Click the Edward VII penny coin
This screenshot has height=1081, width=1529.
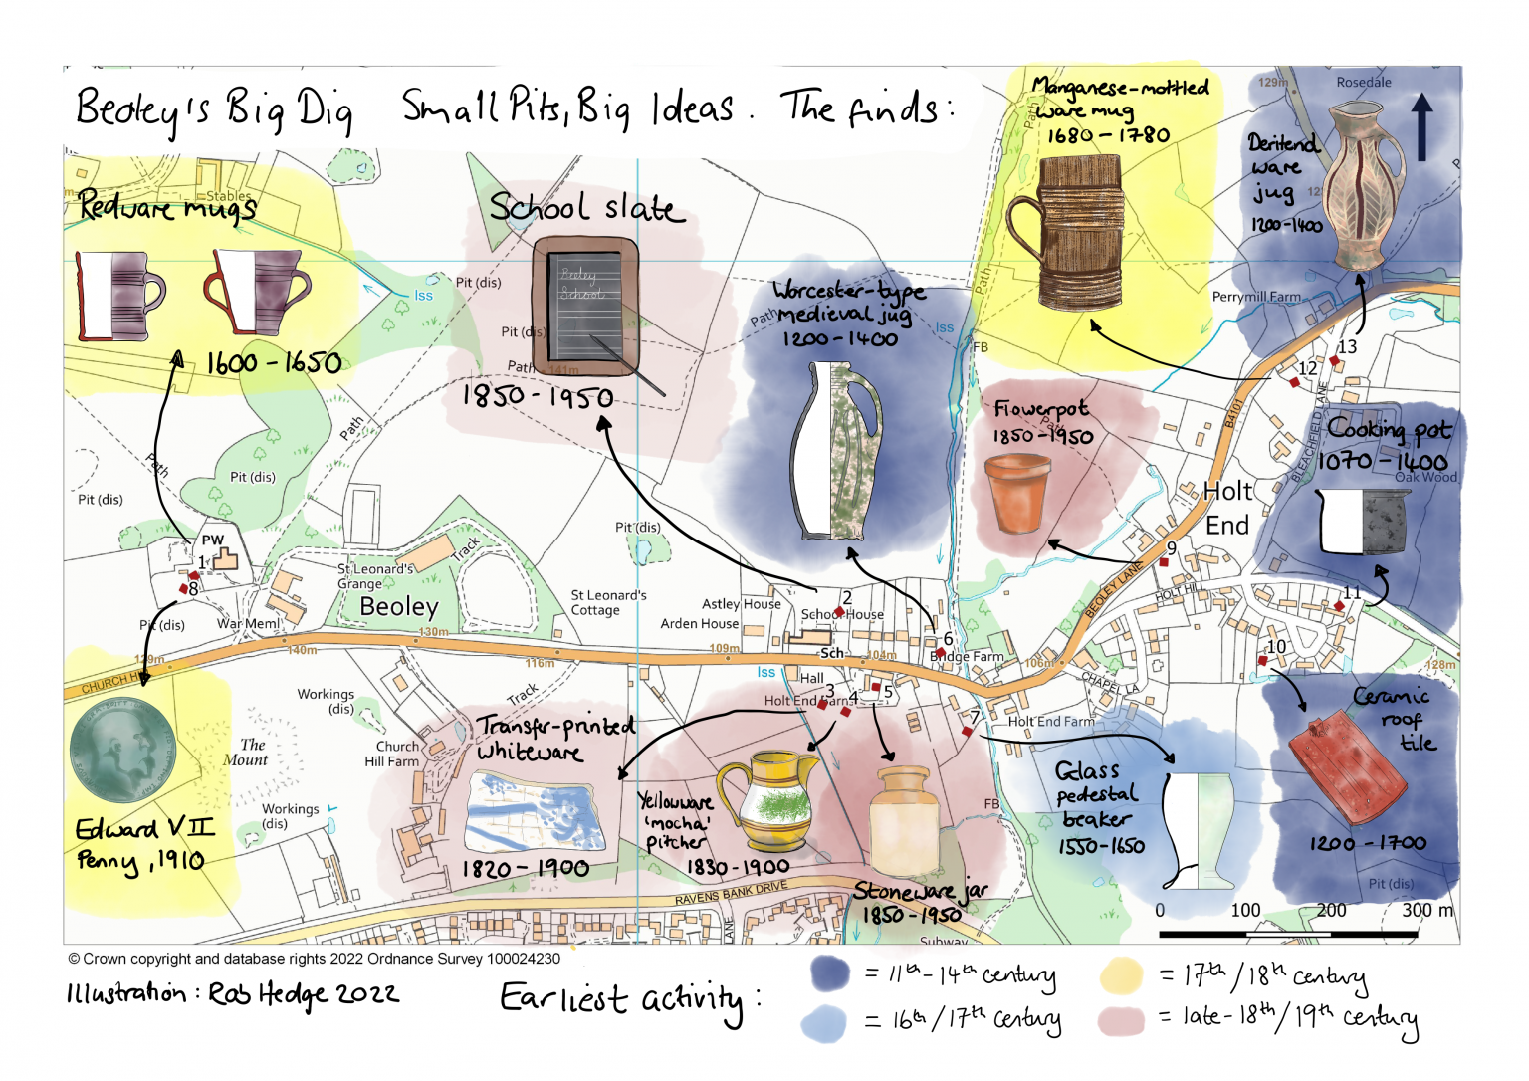tap(122, 750)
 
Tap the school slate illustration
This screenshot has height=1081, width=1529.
tap(584, 306)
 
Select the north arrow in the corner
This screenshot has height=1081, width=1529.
tap(1422, 127)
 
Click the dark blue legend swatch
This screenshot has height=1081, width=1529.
tap(830, 974)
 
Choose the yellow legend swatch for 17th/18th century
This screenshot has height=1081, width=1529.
tap(1121, 975)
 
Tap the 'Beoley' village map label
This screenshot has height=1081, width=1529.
tap(398, 606)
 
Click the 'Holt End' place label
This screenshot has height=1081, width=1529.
tap(1227, 508)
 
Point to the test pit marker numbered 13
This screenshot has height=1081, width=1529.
tap(1335, 361)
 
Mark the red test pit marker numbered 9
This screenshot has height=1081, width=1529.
tap(1163, 562)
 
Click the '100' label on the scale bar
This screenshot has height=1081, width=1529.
tap(1245, 910)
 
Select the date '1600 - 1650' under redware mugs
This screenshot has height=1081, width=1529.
tap(274, 363)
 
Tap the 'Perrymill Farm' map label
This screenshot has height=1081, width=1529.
tap(1256, 297)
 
